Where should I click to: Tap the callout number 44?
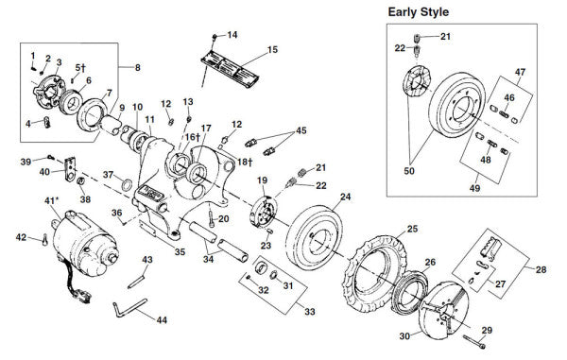[x=162, y=319]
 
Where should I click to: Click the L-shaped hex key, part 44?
[x=129, y=308]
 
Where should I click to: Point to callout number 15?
[x=272, y=48]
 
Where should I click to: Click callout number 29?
[x=487, y=329]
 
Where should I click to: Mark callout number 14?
[x=232, y=35]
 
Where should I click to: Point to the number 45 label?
[x=301, y=130]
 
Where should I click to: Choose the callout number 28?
[x=541, y=270]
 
